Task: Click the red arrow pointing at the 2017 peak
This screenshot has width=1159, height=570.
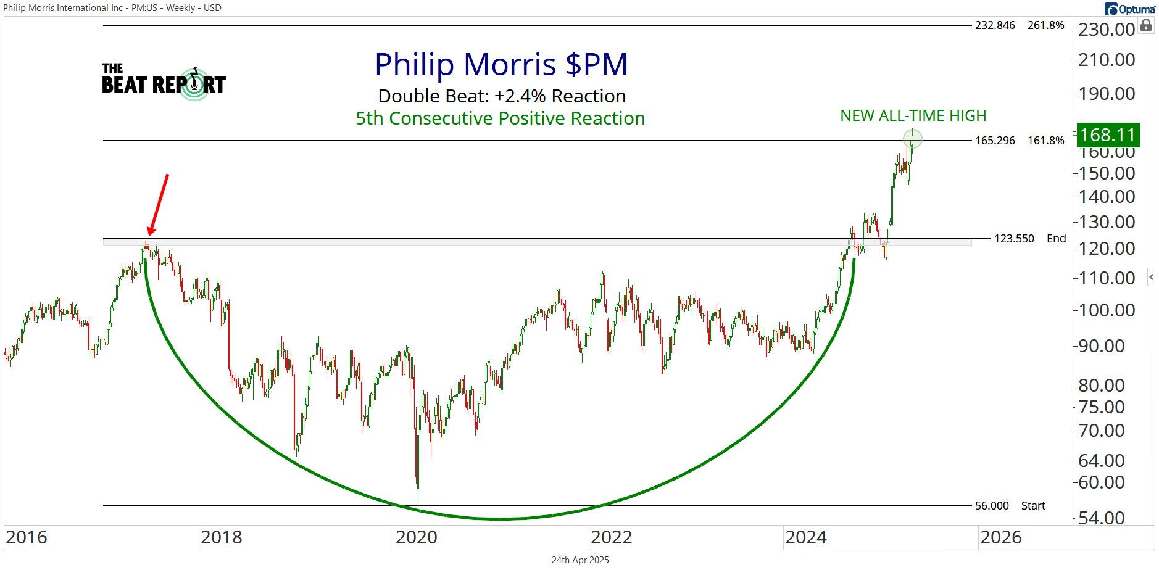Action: point(158,204)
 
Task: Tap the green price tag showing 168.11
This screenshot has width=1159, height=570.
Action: point(1108,134)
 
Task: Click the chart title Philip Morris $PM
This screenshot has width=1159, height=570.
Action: point(501,64)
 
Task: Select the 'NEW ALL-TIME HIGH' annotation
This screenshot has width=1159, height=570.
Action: point(913,115)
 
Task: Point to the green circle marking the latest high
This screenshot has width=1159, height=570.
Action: point(912,138)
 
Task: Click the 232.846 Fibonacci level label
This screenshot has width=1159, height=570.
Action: point(995,25)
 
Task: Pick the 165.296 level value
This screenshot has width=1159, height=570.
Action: point(995,141)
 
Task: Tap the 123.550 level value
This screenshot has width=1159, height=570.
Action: point(1014,239)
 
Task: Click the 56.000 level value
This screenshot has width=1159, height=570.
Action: point(992,506)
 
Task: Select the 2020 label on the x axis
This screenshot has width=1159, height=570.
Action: point(417,537)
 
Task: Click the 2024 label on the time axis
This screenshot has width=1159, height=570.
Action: point(806,537)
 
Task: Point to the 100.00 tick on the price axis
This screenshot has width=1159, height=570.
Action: point(1107,310)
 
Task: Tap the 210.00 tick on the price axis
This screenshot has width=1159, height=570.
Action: point(1107,60)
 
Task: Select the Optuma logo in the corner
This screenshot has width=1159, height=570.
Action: point(1130,9)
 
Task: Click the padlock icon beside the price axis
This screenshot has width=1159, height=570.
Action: point(1146,25)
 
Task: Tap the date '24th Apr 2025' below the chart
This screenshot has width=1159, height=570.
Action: point(580,560)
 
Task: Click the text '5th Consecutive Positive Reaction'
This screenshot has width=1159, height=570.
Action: point(501,118)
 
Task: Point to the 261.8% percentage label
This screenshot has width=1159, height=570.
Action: point(1046,25)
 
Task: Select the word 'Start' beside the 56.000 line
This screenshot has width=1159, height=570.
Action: point(1033,506)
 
